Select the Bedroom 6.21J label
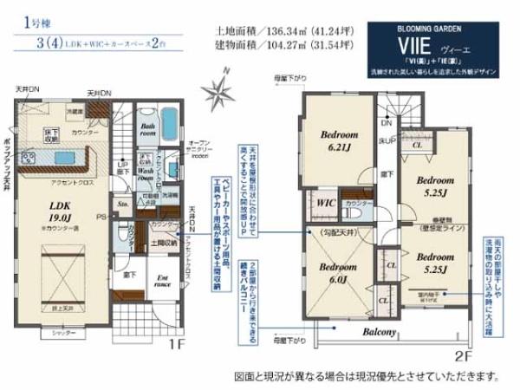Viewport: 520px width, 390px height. tap(339, 142)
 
